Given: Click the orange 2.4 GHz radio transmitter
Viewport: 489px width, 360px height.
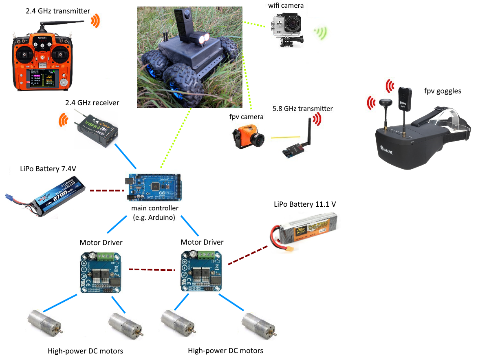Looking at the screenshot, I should click(x=43, y=61).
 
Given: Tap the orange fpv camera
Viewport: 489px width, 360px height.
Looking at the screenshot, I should click(x=246, y=139).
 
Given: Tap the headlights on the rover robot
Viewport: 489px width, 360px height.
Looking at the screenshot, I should click(x=203, y=40).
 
